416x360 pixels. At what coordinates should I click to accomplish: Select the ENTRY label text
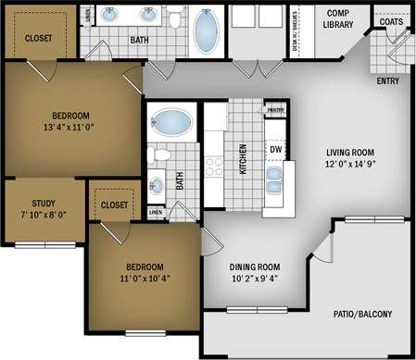(x=388, y=81)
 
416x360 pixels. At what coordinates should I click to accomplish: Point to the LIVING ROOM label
(x=349, y=153)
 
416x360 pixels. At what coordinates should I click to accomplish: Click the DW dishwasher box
(x=276, y=148)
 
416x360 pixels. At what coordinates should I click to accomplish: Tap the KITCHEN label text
(x=244, y=159)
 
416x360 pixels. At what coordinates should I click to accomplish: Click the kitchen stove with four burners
(x=215, y=167)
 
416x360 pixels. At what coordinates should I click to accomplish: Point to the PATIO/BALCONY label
(x=362, y=315)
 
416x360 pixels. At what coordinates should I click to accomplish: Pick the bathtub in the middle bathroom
(x=169, y=122)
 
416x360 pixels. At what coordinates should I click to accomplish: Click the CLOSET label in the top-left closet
(x=37, y=39)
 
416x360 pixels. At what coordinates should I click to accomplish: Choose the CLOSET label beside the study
(x=115, y=205)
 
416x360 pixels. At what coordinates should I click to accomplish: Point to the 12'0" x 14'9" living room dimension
(x=349, y=166)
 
